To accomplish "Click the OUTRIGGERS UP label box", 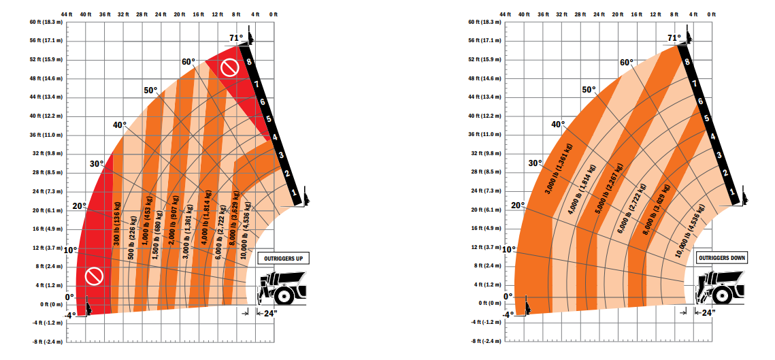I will coord(281,259).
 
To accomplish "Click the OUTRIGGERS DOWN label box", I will coord(721,258).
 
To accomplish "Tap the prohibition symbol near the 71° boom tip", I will coord(230,67).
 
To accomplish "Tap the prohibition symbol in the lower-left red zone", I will coord(94,276).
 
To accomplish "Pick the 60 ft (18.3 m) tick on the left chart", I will coord(45,22).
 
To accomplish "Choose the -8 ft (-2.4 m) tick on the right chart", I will coord(484,341).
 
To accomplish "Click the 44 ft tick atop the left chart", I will coord(66,14).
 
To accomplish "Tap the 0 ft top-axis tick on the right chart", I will coord(711,14).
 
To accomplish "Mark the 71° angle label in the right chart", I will coord(674,38).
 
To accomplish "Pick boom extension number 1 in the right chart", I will coord(733,193).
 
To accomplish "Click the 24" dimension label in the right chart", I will coord(708,313).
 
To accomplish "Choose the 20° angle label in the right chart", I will coord(518,206).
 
